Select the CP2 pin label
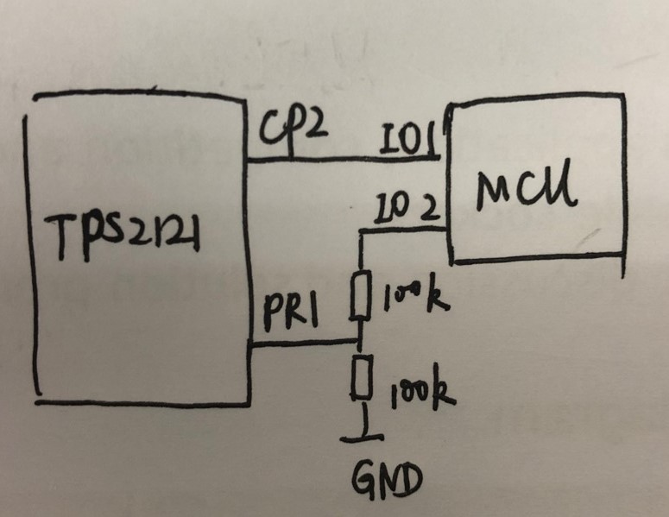coord(294,129)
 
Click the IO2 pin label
coord(407,210)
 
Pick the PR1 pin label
coord(291,313)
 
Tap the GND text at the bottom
coord(387,481)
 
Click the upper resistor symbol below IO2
coord(361,294)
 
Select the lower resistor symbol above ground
coord(363,377)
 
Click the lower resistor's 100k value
coord(422,391)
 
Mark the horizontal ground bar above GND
coord(363,438)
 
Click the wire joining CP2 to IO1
coord(344,159)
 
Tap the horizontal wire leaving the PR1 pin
coord(304,342)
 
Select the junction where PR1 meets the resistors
coord(359,340)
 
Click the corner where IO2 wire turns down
coord(362,231)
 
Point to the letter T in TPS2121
coord(63,237)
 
